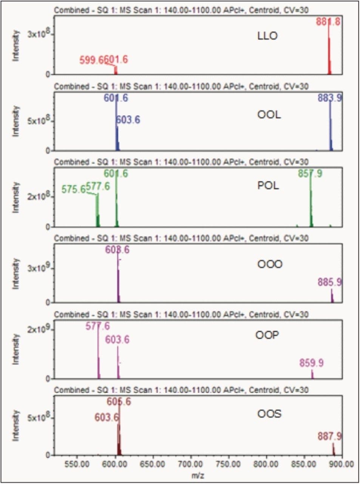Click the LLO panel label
(267, 36)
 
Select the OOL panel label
(269, 115)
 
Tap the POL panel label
(268, 186)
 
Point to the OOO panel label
(270, 264)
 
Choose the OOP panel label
(267, 335)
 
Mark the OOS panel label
(269, 414)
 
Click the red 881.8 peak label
(328, 22)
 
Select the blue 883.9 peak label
(330, 98)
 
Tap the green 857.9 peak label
(310, 174)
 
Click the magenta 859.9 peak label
(311, 363)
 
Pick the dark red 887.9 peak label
(330, 437)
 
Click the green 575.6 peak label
(74, 189)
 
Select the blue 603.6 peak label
(128, 120)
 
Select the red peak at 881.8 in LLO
(329, 53)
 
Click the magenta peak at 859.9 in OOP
(312, 374)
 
